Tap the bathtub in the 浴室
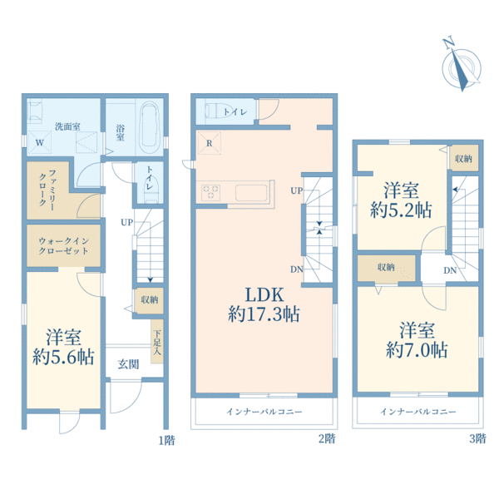pyautogui.click(x=150, y=128)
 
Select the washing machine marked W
pyautogui.click(x=40, y=142)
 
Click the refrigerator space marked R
pyautogui.click(x=209, y=143)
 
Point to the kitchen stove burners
pyautogui.click(x=210, y=192)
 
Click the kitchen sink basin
pyautogui.click(x=251, y=193)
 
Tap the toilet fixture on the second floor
pyautogui.click(x=220, y=111)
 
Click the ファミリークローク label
pyautogui.click(x=47, y=190)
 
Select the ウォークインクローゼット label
pyautogui.click(x=63, y=245)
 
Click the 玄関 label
pyautogui.click(x=128, y=364)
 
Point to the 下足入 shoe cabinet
pyautogui.click(x=157, y=342)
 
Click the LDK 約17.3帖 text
pyautogui.click(x=264, y=304)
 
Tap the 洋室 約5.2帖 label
pyautogui.click(x=401, y=200)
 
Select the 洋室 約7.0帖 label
pyautogui.click(x=417, y=340)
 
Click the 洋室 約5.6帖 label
pyautogui.click(x=63, y=347)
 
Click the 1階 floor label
pyautogui.click(x=167, y=440)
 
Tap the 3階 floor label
pyautogui.click(x=477, y=438)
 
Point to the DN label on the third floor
pyautogui.click(x=450, y=270)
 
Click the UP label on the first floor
pyautogui.click(x=126, y=222)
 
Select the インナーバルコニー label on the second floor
pyautogui.click(x=264, y=412)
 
